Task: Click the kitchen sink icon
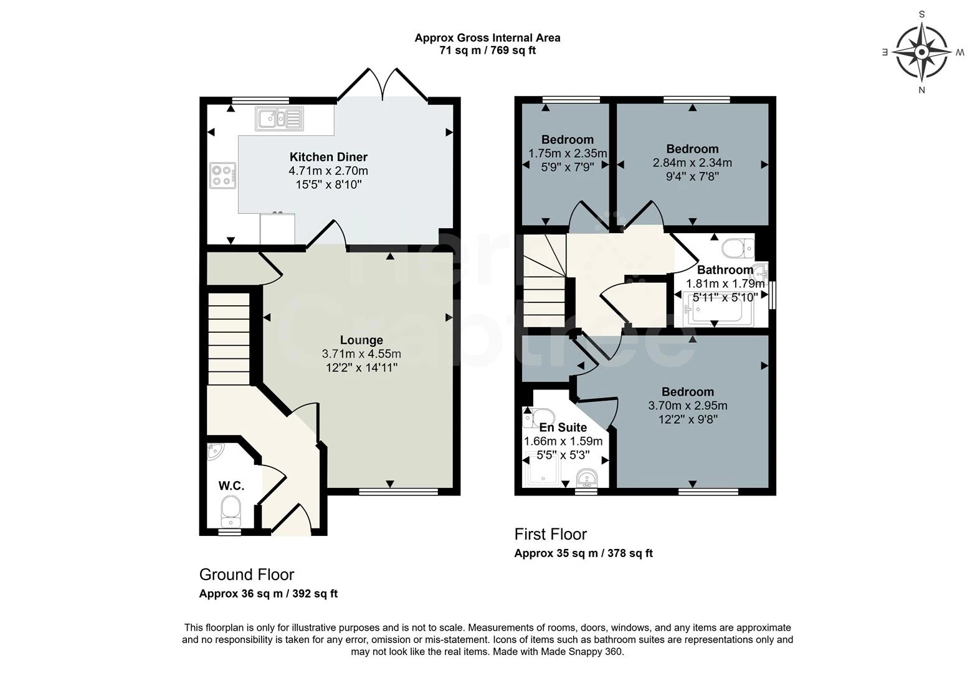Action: pyautogui.click(x=280, y=119)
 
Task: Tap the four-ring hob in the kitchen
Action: pyautogui.click(x=223, y=176)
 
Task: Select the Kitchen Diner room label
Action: pyautogui.click(x=328, y=156)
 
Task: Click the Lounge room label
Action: pyautogui.click(x=361, y=340)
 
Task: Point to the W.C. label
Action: pyautogui.click(x=231, y=486)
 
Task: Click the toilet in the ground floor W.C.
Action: pyautogui.click(x=231, y=512)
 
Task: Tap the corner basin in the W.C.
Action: pyautogui.click(x=214, y=451)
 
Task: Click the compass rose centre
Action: pyautogui.click(x=921, y=52)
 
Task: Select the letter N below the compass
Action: pyautogui.click(x=921, y=90)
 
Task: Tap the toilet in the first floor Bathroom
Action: pyautogui.click(x=738, y=248)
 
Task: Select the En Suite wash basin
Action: pyautogui.click(x=587, y=479)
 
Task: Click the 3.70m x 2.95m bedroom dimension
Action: pyautogui.click(x=688, y=406)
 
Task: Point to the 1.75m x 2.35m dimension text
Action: pyautogui.click(x=568, y=154)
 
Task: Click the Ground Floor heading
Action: pyautogui.click(x=247, y=575)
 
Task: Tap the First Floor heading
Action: pyautogui.click(x=551, y=534)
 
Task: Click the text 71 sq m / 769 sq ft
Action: pyautogui.click(x=487, y=50)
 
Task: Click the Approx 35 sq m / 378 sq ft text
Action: pyautogui.click(x=584, y=553)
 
